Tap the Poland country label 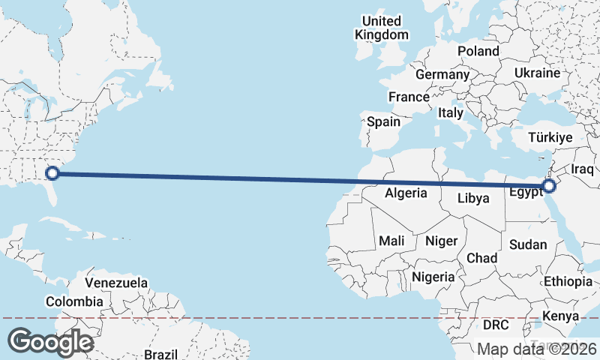pyautogui.click(x=478, y=51)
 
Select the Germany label pyautogui.click(x=442, y=75)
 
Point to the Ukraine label pyautogui.click(x=537, y=73)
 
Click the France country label pyautogui.click(x=409, y=97)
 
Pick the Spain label pyautogui.click(x=383, y=121)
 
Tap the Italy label pyautogui.click(x=451, y=112)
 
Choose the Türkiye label pyautogui.click(x=550, y=137)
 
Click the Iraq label pyautogui.click(x=583, y=169)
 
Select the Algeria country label pyautogui.click(x=406, y=193)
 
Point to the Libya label pyautogui.click(x=473, y=199)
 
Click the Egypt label pyautogui.click(x=526, y=193)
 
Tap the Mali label pyautogui.click(x=391, y=241)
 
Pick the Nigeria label pyautogui.click(x=434, y=277)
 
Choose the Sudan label pyautogui.click(x=528, y=244)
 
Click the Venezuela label pyautogui.click(x=116, y=283)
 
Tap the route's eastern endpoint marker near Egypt pyautogui.click(x=549, y=185)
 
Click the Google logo pyautogui.click(x=50, y=342)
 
